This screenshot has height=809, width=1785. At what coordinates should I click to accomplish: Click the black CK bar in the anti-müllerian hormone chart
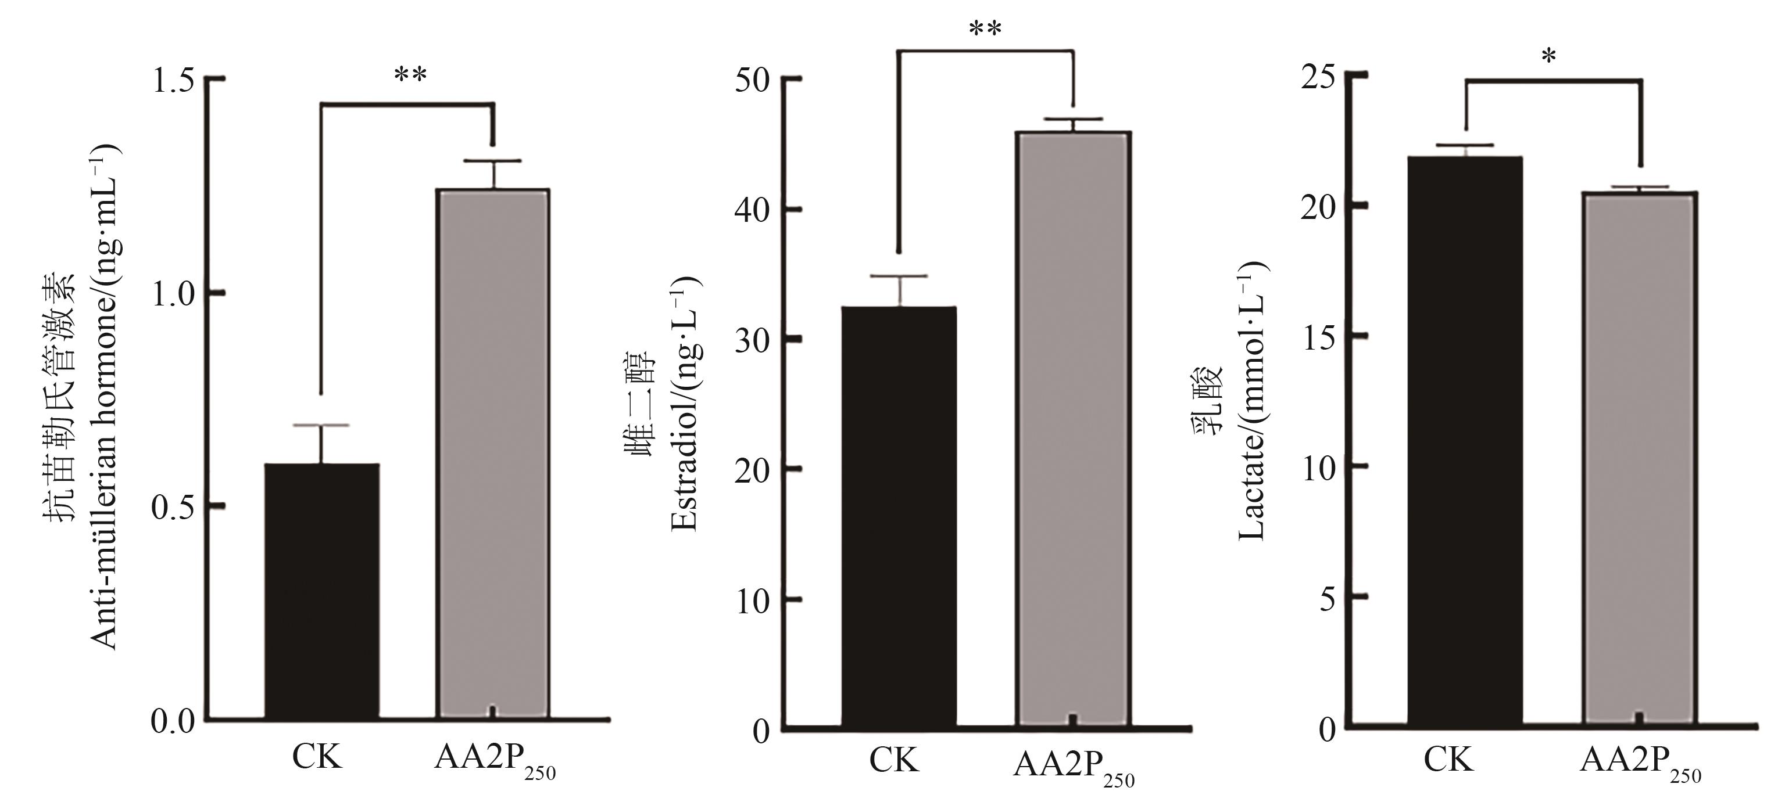(321, 592)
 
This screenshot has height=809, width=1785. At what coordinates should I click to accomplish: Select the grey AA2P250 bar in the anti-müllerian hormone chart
(493, 454)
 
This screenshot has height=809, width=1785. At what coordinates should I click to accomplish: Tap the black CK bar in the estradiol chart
(899, 516)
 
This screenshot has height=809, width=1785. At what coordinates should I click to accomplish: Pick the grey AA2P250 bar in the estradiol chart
(1072, 429)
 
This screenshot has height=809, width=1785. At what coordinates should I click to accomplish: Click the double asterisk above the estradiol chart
(985, 30)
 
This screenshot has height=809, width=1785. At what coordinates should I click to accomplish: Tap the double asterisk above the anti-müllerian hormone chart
(410, 76)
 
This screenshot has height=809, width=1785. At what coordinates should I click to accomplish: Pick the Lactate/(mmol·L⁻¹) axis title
(1251, 402)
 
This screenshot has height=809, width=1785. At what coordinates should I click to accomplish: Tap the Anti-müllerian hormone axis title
(104, 398)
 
